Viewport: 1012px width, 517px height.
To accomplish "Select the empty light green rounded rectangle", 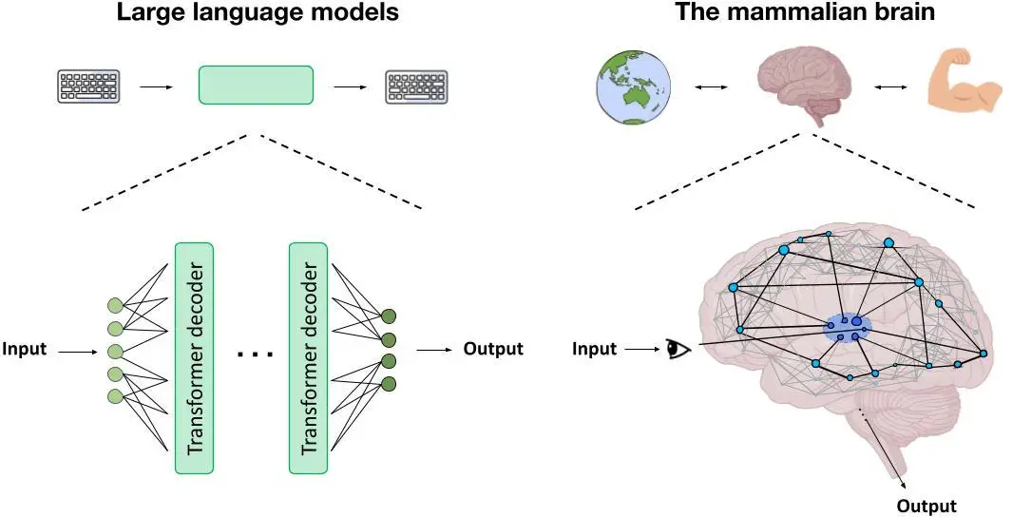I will [255, 85].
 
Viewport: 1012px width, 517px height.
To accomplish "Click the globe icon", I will [631, 86].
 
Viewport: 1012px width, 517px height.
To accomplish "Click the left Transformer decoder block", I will [194, 357].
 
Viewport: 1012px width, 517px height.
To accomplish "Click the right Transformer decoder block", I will [308, 357].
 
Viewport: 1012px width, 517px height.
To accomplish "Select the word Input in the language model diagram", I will [24, 350].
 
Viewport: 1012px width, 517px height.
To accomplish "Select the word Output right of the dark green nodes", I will [493, 349].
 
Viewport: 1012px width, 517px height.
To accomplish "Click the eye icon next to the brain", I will [678, 349].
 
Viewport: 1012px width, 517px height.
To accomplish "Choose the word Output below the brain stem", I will [926, 506].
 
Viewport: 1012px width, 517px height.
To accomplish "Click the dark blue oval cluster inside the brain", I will [848, 328].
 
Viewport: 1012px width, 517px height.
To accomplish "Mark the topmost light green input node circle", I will [116, 306].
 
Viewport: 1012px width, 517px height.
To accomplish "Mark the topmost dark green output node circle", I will [388, 316].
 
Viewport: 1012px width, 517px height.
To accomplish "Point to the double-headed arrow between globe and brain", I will [712, 87].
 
